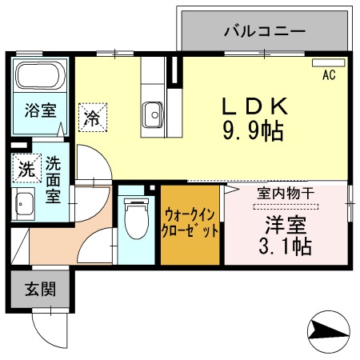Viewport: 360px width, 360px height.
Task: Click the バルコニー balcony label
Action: (x=263, y=32)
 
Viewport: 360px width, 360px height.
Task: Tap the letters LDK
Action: (x=254, y=106)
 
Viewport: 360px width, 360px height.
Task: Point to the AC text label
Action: (x=328, y=76)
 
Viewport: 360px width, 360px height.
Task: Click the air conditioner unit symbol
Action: (x=328, y=62)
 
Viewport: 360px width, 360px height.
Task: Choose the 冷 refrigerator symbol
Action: (x=92, y=119)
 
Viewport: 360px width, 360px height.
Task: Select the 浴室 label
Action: (x=39, y=110)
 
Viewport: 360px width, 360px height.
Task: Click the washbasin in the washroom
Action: (x=24, y=204)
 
